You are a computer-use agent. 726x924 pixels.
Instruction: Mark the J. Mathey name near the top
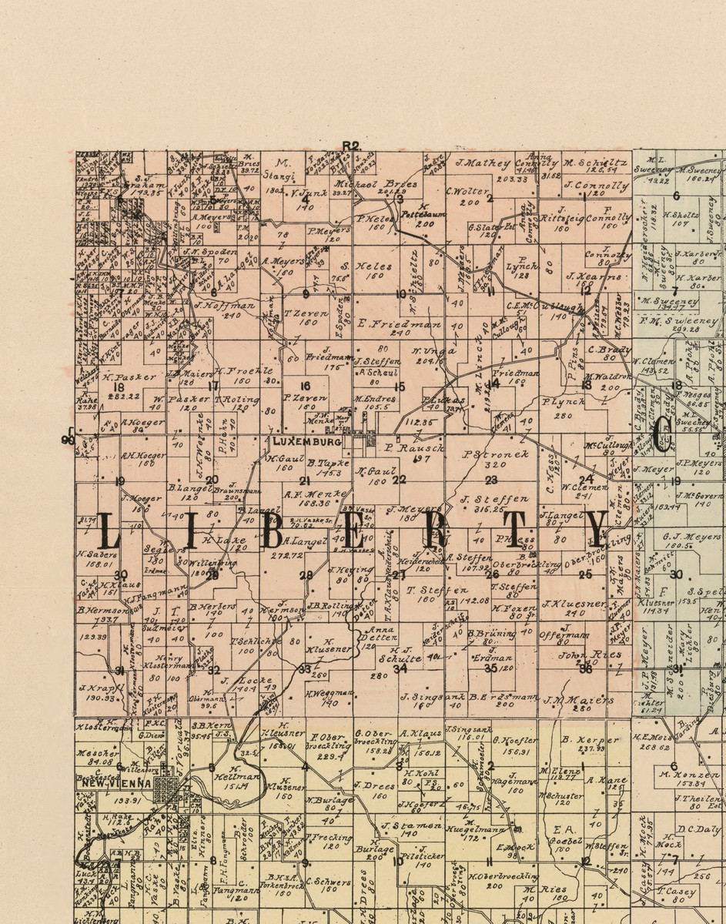pyautogui.click(x=483, y=163)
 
